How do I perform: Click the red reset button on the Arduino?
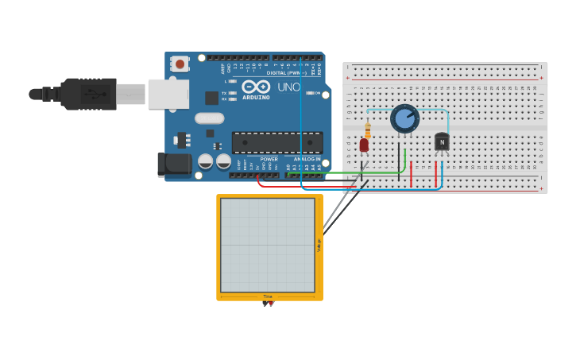[180, 64]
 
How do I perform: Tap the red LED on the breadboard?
[364, 145]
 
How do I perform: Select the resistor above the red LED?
[367, 130]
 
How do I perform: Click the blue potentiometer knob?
[404, 119]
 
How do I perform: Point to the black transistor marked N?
[442, 142]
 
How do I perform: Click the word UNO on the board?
[288, 87]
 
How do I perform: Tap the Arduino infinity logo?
[256, 87]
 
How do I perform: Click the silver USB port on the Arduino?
[168, 94]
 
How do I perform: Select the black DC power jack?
[174, 165]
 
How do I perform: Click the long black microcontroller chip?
[276, 143]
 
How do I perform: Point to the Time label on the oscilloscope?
[268, 296]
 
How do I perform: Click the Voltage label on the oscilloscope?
[319, 246]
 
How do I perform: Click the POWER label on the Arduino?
[269, 159]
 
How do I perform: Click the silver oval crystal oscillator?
[209, 118]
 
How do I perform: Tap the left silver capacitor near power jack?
[205, 161]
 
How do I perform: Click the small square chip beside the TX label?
[211, 98]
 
